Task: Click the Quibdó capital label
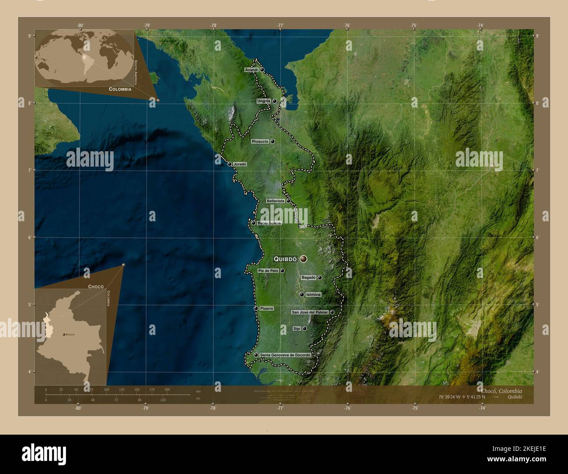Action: pyautogui.click(x=285, y=259)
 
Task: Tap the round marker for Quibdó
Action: pyautogui.click(x=303, y=259)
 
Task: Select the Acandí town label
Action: pyautogui.click(x=252, y=70)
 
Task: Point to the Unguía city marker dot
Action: pyautogui.click(x=274, y=101)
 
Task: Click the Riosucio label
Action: pyautogui.click(x=260, y=142)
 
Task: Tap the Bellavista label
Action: pyautogui.click(x=275, y=201)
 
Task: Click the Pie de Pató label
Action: pyautogui.click(x=268, y=271)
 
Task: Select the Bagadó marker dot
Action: pyautogui.click(x=320, y=278)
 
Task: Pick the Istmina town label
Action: pyautogui.click(x=314, y=295)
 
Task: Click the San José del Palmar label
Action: pyautogui.click(x=309, y=312)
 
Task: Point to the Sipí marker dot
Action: pyautogui.click(x=305, y=328)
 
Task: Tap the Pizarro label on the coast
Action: pyautogui.click(x=267, y=308)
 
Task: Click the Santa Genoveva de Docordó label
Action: pyautogui.click(x=285, y=355)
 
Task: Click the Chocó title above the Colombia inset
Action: pyautogui.click(x=96, y=287)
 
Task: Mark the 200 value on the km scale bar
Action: pyautogui.click(x=167, y=390)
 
